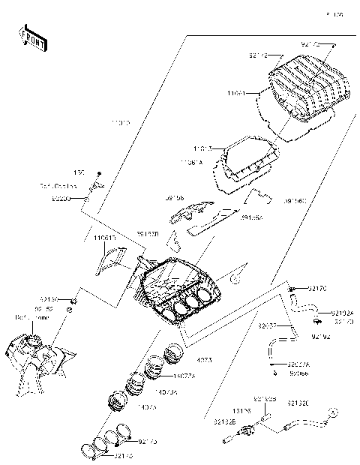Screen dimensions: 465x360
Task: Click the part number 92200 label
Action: click(x=61, y=200)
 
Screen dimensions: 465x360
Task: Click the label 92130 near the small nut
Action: click(x=49, y=297)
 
